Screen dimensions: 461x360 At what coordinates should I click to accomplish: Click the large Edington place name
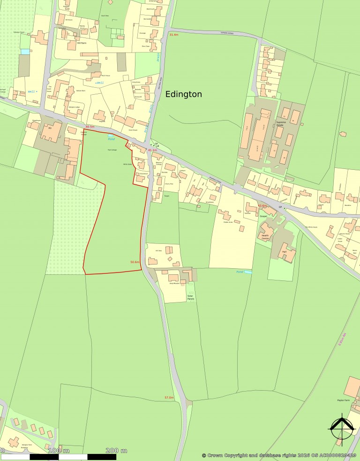184,94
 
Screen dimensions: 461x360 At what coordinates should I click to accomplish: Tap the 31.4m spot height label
174,35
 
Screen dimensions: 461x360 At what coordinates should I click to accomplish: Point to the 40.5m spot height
90,127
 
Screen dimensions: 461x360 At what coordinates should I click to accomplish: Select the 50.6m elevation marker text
135,262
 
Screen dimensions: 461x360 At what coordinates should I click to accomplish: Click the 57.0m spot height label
169,398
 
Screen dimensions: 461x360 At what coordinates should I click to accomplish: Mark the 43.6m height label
262,206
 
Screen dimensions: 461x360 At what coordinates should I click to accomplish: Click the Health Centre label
265,237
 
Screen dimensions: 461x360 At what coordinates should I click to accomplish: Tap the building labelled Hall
284,252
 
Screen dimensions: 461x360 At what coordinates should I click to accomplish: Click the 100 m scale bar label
58,450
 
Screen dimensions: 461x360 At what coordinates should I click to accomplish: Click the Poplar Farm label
344,400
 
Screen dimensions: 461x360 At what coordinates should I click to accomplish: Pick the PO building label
49,128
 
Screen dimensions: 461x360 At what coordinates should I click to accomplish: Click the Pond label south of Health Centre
240,272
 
